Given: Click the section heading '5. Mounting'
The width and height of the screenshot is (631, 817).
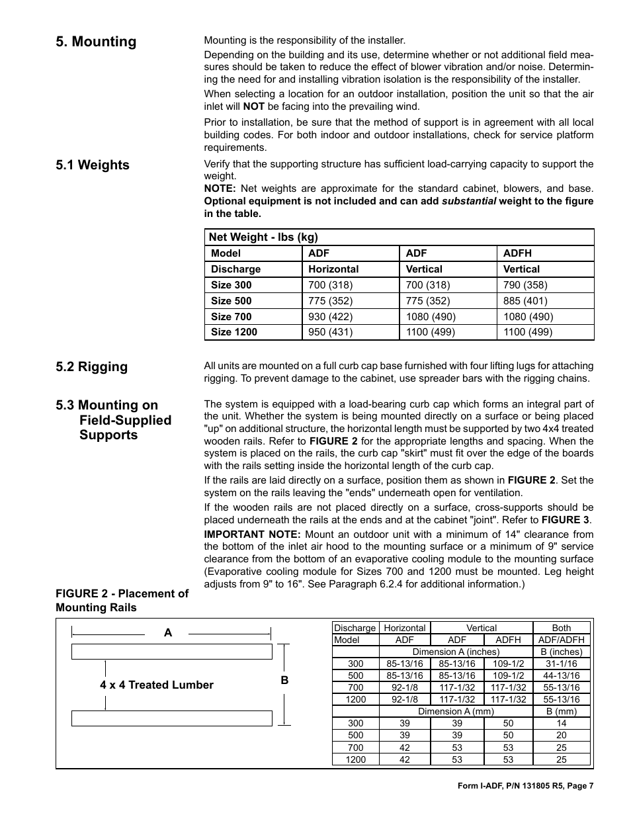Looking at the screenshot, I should pyautogui.click(x=96, y=42).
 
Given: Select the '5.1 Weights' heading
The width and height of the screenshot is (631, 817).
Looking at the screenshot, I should pyautogui.click(x=93, y=165).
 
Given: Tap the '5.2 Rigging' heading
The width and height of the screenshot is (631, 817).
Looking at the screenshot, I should pyautogui.click(x=92, y=366).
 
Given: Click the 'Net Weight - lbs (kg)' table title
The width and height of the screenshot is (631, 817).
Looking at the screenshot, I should pyautogui.click(x=263, y=237).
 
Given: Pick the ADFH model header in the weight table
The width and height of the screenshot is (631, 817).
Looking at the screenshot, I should pyautogui.click(x=517, y=253).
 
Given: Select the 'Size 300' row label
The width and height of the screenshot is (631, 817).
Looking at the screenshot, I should pyautogui.click(x=231, y=285).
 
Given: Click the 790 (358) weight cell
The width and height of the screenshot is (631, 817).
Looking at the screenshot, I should pyautogui.click(x=525, y=285).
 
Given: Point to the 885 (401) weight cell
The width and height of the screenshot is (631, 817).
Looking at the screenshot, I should pyautogui.click(x=525, y=301).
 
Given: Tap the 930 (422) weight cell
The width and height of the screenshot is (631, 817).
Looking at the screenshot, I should pyautogui.click(x=330, y=317).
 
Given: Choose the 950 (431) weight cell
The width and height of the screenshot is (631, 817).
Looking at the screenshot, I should pyautogui.click(x=330, y=332).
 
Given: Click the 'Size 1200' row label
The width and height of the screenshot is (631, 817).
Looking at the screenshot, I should pyautogui.click(x=233, y=332).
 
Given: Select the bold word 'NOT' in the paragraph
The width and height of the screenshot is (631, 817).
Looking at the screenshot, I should pyautogui.click(x=253, y=107).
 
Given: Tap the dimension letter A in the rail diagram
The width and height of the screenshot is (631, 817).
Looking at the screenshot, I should pyautogui.click(x=168, y=633).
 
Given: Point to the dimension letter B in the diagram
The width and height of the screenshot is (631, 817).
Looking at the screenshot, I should pyautogui.click(x=284, y=680).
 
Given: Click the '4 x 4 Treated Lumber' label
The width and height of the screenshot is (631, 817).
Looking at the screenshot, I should pyautogui.click(x=157, y=685).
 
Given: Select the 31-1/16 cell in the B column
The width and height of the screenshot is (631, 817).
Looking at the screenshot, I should pyautogui.click(x=562, y=664).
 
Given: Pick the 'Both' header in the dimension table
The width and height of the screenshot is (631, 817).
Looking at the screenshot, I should pyautogui.click(x=562, y=628).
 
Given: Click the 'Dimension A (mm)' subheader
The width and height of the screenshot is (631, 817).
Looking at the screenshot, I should pyautogui.click(x=456, y=711).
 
